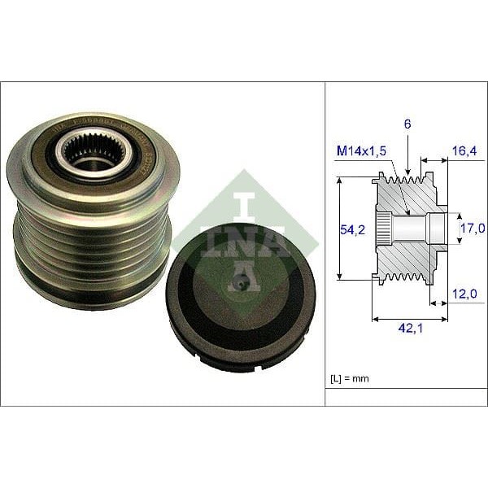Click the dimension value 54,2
point(353,230)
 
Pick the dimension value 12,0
point(465,293)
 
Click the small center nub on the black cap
point(240,284)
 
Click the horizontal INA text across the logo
point(245,241)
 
